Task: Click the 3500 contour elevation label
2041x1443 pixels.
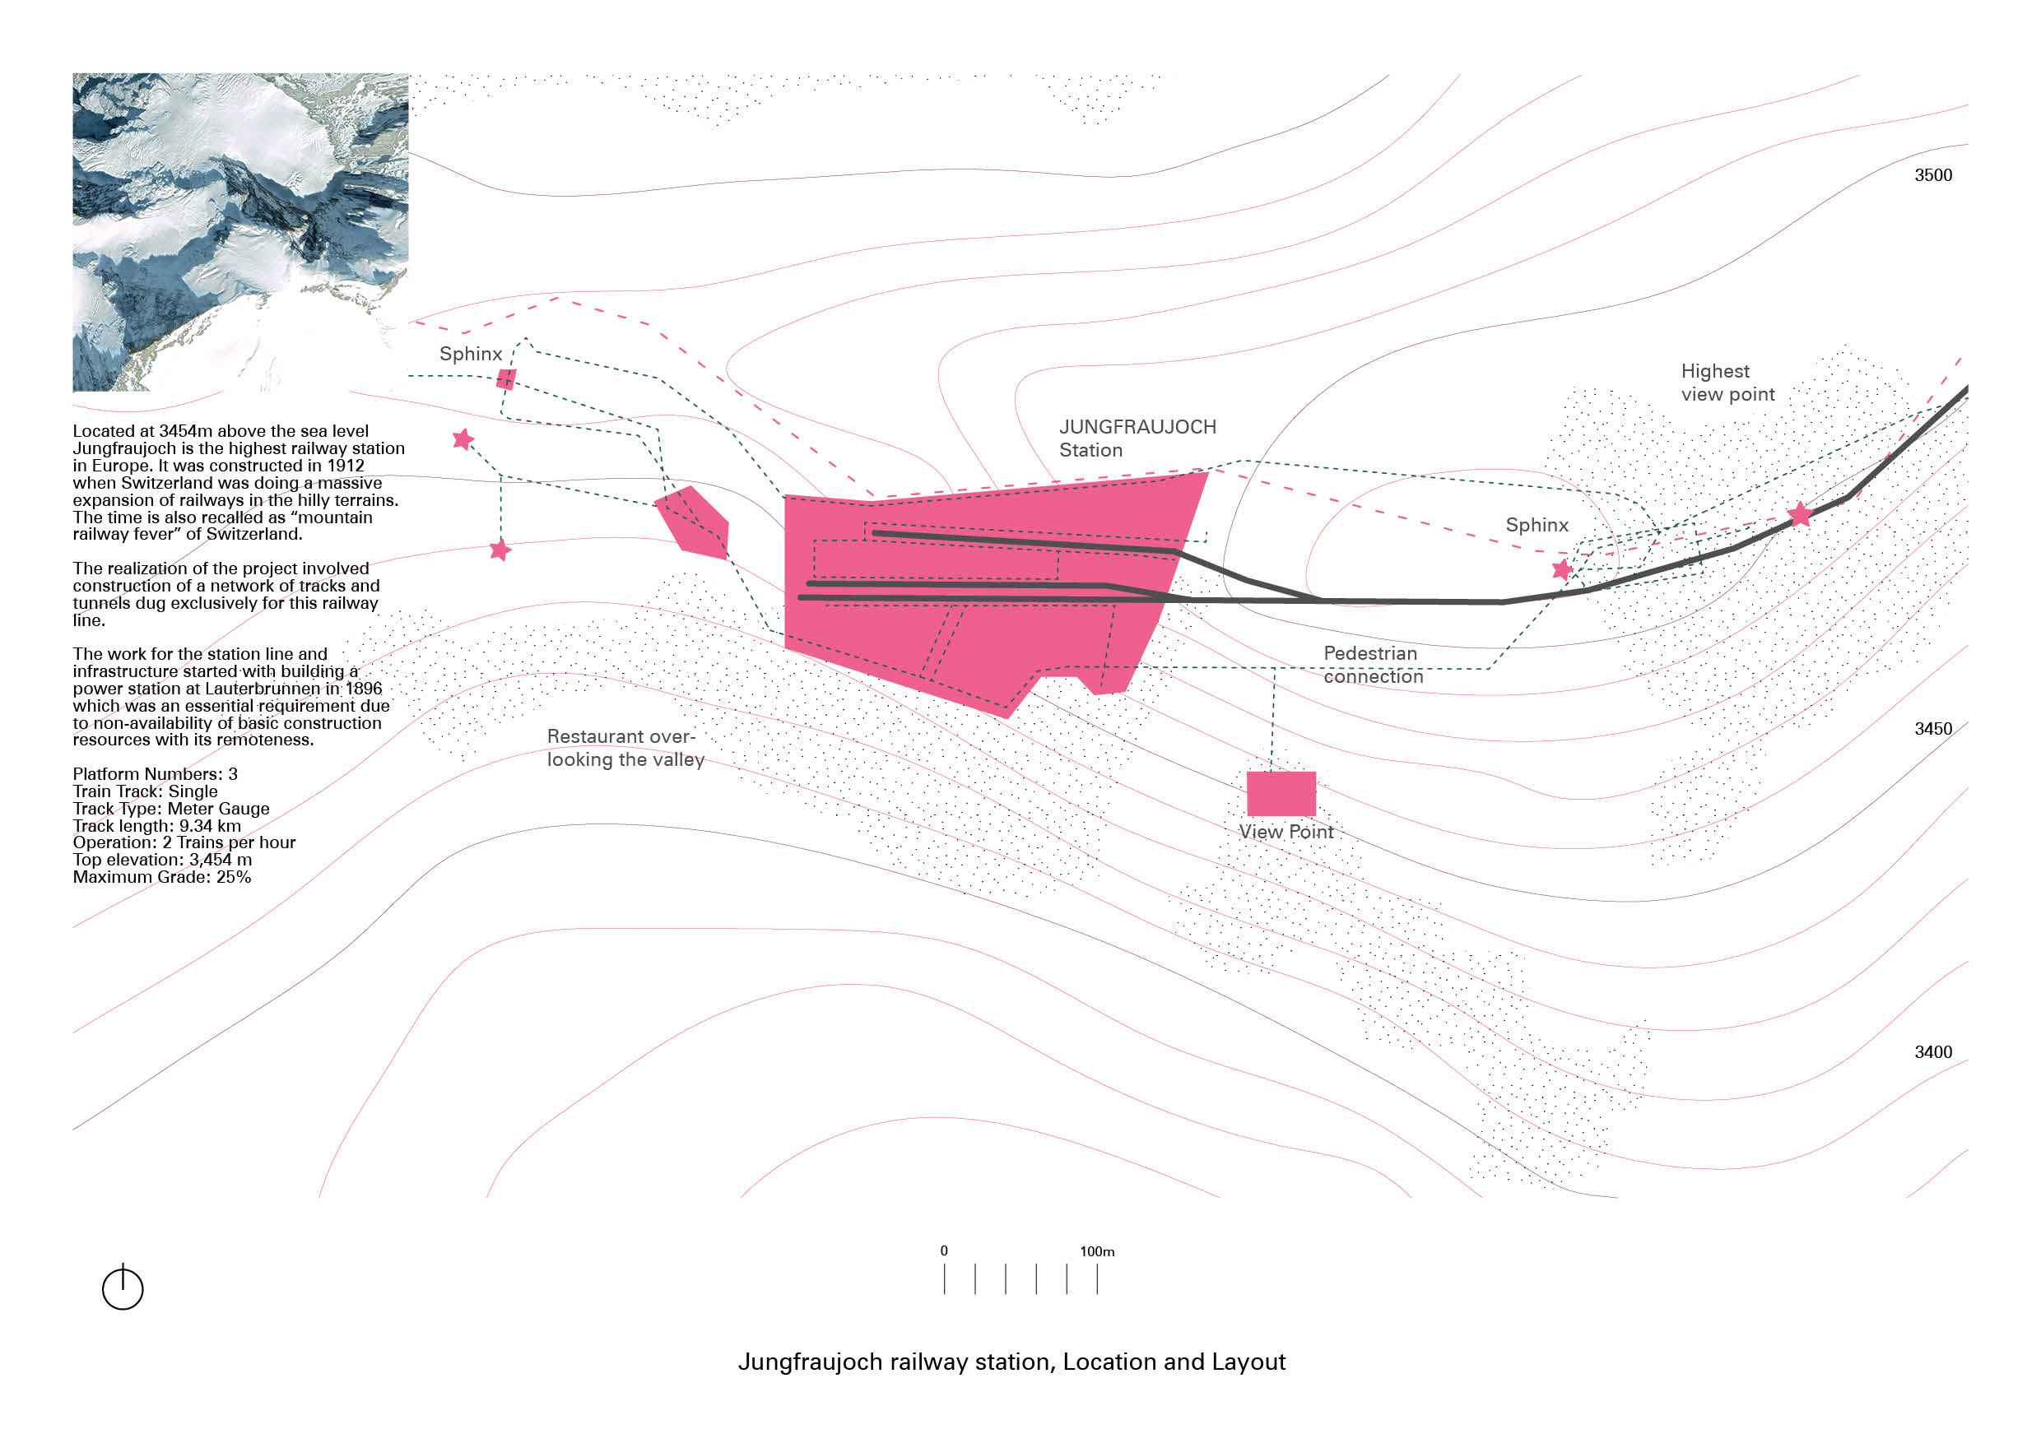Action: (1932, 175)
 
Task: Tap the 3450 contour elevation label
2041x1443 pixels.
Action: (1932, 729)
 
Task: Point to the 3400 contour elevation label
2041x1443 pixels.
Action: (1932, 1052)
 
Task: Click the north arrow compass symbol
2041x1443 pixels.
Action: (123, 1288)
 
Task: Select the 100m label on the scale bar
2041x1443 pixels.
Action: (1097, 1251)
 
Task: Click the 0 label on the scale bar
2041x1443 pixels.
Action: (944, 1250)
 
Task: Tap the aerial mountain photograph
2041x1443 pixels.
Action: (240, 231)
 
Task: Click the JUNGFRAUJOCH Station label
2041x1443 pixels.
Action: (1137, 438)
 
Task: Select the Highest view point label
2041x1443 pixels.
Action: (1727, 382)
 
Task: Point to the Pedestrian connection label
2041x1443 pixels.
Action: (1373, 665)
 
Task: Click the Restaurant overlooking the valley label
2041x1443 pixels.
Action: (625, 747)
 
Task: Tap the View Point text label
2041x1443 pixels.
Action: (1286, 832)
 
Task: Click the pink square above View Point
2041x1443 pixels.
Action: (1281, 792)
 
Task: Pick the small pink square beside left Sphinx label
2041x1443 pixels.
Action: (506, 379)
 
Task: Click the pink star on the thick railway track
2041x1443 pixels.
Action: (1799, 513)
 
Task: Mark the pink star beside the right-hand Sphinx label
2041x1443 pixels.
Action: (1562, 569)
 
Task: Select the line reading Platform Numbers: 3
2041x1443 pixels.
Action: (156, 774)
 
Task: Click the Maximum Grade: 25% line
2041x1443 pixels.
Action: (162, 877)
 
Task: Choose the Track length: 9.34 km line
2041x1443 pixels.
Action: (156, 825)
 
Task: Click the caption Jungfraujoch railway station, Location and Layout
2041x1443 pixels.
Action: (1011, 1362)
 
